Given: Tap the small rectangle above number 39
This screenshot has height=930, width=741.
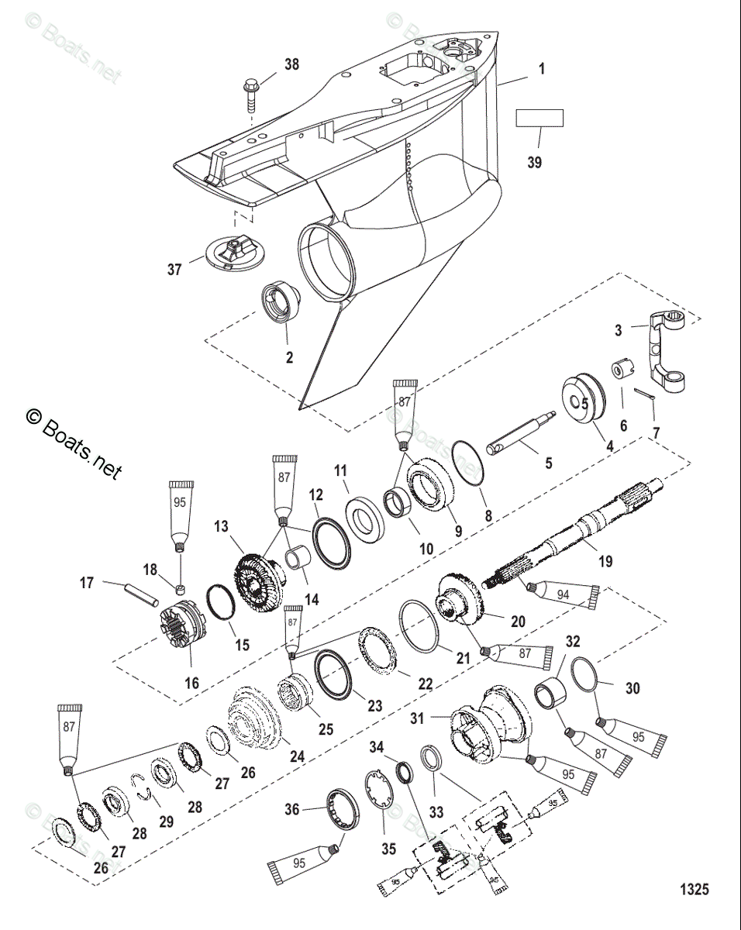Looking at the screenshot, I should point(539,118).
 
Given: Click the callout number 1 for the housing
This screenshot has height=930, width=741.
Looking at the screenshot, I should point(542,69).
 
